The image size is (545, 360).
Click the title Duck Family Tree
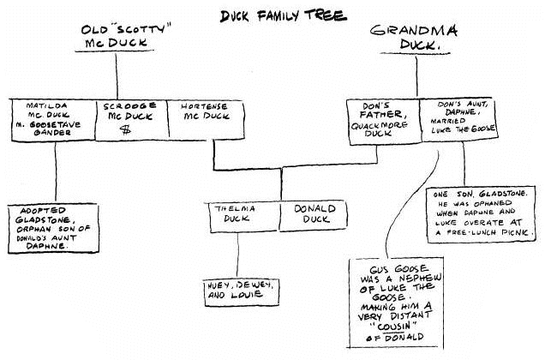pos(284,15)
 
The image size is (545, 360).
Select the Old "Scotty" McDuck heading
pos(124,36)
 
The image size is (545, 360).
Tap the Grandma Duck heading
pos(414,38)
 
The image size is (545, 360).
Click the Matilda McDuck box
pos(53,120)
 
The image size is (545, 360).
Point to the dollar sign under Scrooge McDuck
pos(125,130)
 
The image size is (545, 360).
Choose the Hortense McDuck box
pos(206,120)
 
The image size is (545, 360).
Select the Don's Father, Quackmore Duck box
pos(383,122)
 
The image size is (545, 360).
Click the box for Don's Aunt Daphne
pos(459,120)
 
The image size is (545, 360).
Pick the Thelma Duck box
pos(244,217)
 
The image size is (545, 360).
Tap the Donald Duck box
pos(314,216)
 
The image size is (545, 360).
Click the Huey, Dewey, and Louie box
pos(242,292)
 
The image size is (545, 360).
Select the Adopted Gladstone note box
pos(53,229)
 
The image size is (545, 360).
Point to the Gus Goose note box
pos(396,303)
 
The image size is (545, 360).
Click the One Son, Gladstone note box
pos(482,214)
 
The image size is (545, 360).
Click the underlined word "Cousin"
pos(394,327)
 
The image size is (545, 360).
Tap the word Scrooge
pos(129,105)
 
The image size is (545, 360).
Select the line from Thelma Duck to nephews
pos(237,255)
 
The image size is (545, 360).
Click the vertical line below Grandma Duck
pos(416,76)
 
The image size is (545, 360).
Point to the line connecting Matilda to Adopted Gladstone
pos(56,172)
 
